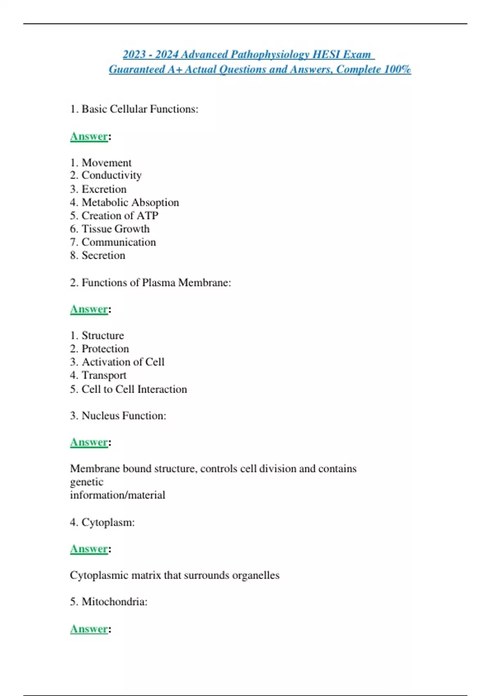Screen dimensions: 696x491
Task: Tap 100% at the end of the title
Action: pyautogui.click(x=397, y=69)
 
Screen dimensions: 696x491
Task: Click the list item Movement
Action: pyautogui.click(x=106, y=163)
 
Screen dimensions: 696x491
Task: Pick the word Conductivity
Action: pyautogui.click(x=111, y=175)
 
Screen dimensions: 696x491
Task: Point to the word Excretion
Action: pyautogui.click(x=104, y=189)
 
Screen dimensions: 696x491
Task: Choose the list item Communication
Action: pyautogui.click(x=119, y=242)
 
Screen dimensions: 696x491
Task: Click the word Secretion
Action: pyautogui.click(x=103, y=255)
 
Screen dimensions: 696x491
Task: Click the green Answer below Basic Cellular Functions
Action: pyautogui.click(x=89, y=136)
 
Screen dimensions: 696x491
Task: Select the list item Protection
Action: pyautogui.click(x=105, y=349)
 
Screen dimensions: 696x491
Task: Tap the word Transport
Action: pyautogui.click(x=104, y=375)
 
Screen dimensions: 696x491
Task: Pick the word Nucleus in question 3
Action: pyautogui.click(x=101, y=416)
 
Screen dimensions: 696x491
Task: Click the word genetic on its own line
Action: pyautogui.click(x=87, y=482)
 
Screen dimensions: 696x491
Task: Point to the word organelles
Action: pyautogui.click(x=256, y=575)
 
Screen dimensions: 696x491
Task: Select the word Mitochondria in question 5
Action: pyautogui.click(x=114, y=601)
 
